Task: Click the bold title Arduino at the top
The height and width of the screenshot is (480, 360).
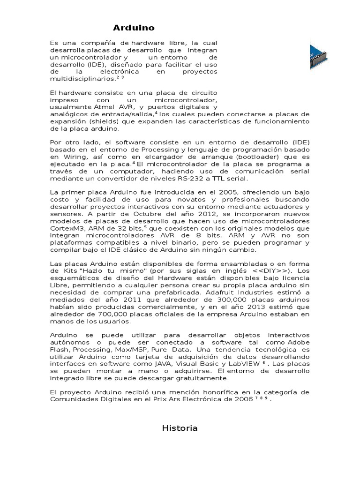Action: [x=134, y=28]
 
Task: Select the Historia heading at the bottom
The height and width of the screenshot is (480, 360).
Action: [x=180, y=428]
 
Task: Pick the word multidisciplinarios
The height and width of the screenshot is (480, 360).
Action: [x=82, y=79]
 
